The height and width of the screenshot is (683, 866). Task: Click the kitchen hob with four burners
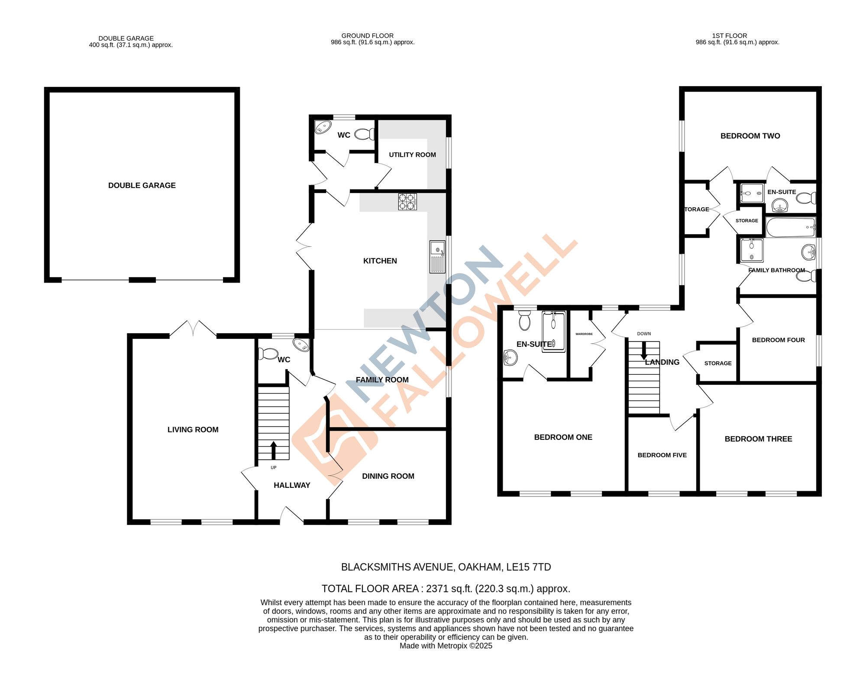coord(407,202)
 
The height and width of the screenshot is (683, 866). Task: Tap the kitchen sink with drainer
coord(437,257)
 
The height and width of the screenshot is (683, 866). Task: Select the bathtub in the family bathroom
coord(791,227)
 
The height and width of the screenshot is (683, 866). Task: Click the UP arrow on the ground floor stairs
coord(273,450)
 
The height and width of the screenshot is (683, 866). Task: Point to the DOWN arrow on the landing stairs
coord(644,350)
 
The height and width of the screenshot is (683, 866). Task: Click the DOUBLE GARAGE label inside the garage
coord(142,186)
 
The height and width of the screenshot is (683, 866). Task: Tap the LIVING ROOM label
coord(193,430)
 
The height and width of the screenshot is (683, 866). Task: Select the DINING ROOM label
coord(388,476)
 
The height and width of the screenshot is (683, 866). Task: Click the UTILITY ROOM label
coord(412,155)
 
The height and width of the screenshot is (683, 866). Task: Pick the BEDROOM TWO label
coord(750,136)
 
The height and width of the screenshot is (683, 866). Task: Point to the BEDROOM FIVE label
coord(662,455)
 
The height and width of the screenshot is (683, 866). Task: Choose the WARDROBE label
coord(584,334)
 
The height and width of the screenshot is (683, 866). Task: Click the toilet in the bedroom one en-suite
coord(524,321)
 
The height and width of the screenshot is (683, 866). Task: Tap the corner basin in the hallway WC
coord(301,345)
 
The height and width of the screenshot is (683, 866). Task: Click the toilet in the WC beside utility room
coord(365,135)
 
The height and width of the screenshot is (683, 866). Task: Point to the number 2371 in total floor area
coord(437,589)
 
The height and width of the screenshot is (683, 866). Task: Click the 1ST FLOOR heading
coord(730,36)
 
